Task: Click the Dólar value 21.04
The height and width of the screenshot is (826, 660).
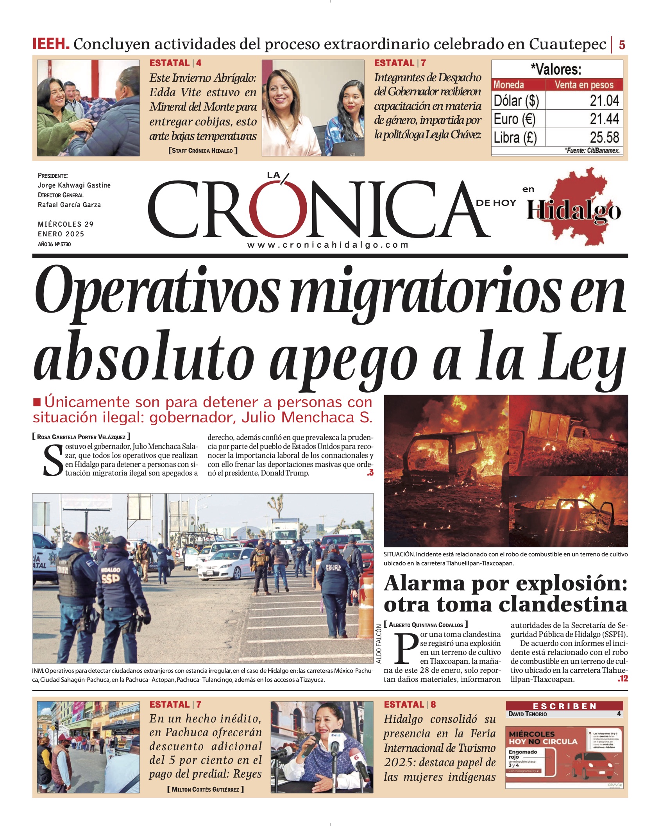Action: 604,101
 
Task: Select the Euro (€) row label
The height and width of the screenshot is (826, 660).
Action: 514,119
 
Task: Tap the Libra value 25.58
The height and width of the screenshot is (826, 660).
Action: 604,138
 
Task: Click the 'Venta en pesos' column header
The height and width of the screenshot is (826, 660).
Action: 584,85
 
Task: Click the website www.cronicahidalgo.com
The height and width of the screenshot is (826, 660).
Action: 328,245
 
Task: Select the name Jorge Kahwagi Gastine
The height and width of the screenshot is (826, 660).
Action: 74,185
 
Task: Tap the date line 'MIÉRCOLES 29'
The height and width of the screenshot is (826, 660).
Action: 66,224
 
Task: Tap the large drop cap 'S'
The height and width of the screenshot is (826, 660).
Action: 53,462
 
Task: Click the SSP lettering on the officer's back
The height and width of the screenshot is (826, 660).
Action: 111,578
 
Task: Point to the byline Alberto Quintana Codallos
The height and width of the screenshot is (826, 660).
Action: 426,625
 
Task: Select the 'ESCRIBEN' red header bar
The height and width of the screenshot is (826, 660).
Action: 564,706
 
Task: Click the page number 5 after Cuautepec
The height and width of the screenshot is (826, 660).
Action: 622,45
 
